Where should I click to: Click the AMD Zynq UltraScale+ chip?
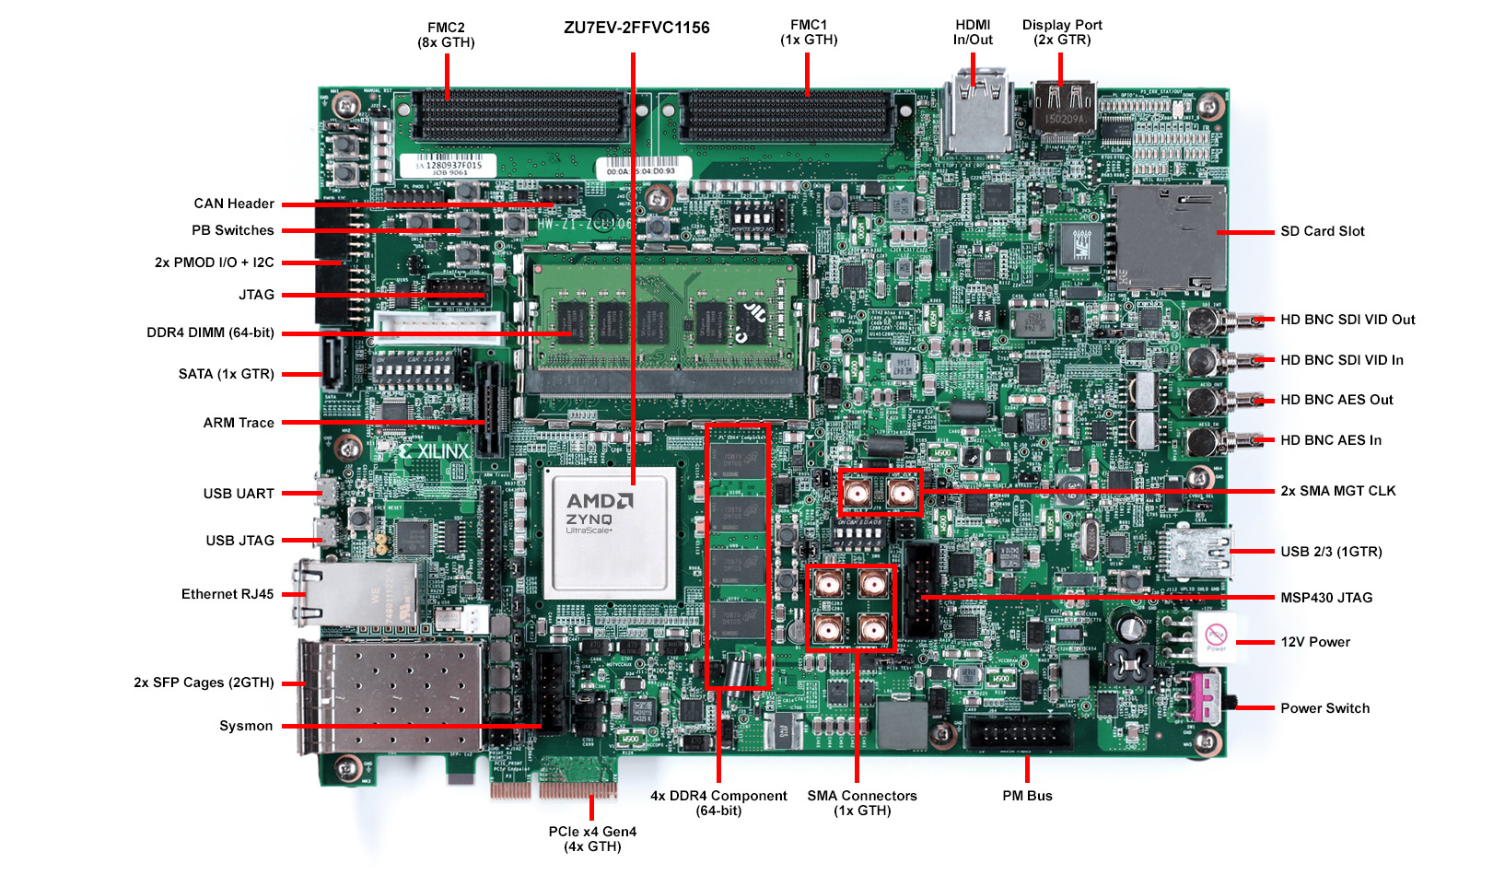610,533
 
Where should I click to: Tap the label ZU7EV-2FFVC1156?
636,28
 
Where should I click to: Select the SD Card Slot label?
1322,231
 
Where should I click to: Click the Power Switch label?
1324,708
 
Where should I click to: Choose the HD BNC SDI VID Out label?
1347,320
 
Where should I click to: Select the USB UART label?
239,494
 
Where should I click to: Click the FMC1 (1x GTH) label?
809,32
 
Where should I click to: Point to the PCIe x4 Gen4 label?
592,838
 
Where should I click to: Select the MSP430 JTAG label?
1325,598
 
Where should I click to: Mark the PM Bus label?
1027,796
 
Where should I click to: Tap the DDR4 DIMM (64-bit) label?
210,332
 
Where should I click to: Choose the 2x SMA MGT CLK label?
1337,491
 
